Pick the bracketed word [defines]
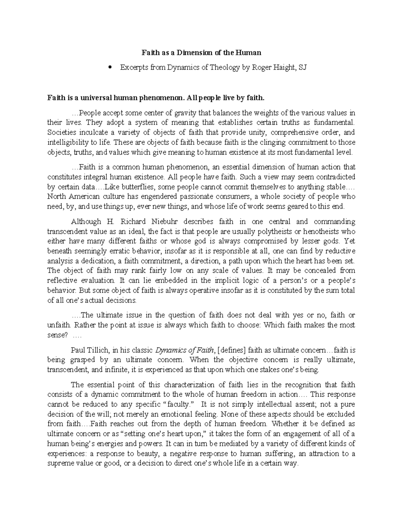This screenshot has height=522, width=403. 232,350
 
